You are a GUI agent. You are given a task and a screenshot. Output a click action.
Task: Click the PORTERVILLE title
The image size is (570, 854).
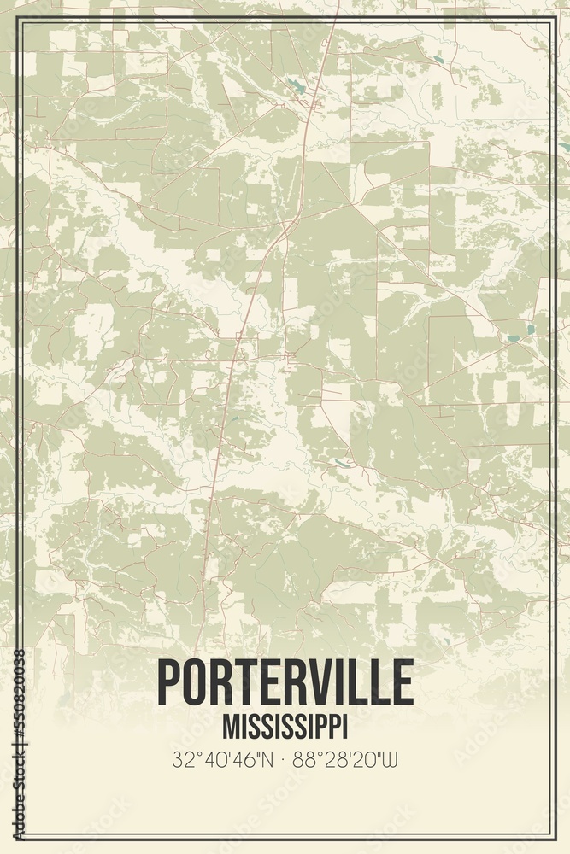(x=285, y=684)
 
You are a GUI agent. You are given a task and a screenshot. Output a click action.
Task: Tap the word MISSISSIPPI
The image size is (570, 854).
(x=285, y=726)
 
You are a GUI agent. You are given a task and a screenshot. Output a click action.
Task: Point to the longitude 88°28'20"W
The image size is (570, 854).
(x=344, y=758)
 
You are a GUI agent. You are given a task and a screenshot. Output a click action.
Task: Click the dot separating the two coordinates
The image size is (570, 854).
(x=285, y=758)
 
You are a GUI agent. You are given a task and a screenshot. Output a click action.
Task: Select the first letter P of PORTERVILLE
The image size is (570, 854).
(x=170, y=684)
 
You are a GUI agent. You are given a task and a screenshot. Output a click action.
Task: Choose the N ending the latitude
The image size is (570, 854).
(x=267, y=758)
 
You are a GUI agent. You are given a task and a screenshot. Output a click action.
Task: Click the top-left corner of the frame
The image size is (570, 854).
(x=19, y=21)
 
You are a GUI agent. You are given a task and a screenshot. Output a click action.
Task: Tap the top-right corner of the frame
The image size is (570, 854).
(x=553, y=21)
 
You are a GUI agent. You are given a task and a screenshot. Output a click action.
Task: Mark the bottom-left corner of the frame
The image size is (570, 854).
(x=19, y=837)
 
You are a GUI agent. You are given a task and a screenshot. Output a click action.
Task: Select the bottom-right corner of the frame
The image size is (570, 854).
(x=553, y=837)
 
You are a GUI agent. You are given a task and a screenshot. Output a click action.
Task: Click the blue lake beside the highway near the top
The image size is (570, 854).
(x=296, y=85)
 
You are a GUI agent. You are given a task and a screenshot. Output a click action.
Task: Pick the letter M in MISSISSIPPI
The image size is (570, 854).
(x=229, y=726)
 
